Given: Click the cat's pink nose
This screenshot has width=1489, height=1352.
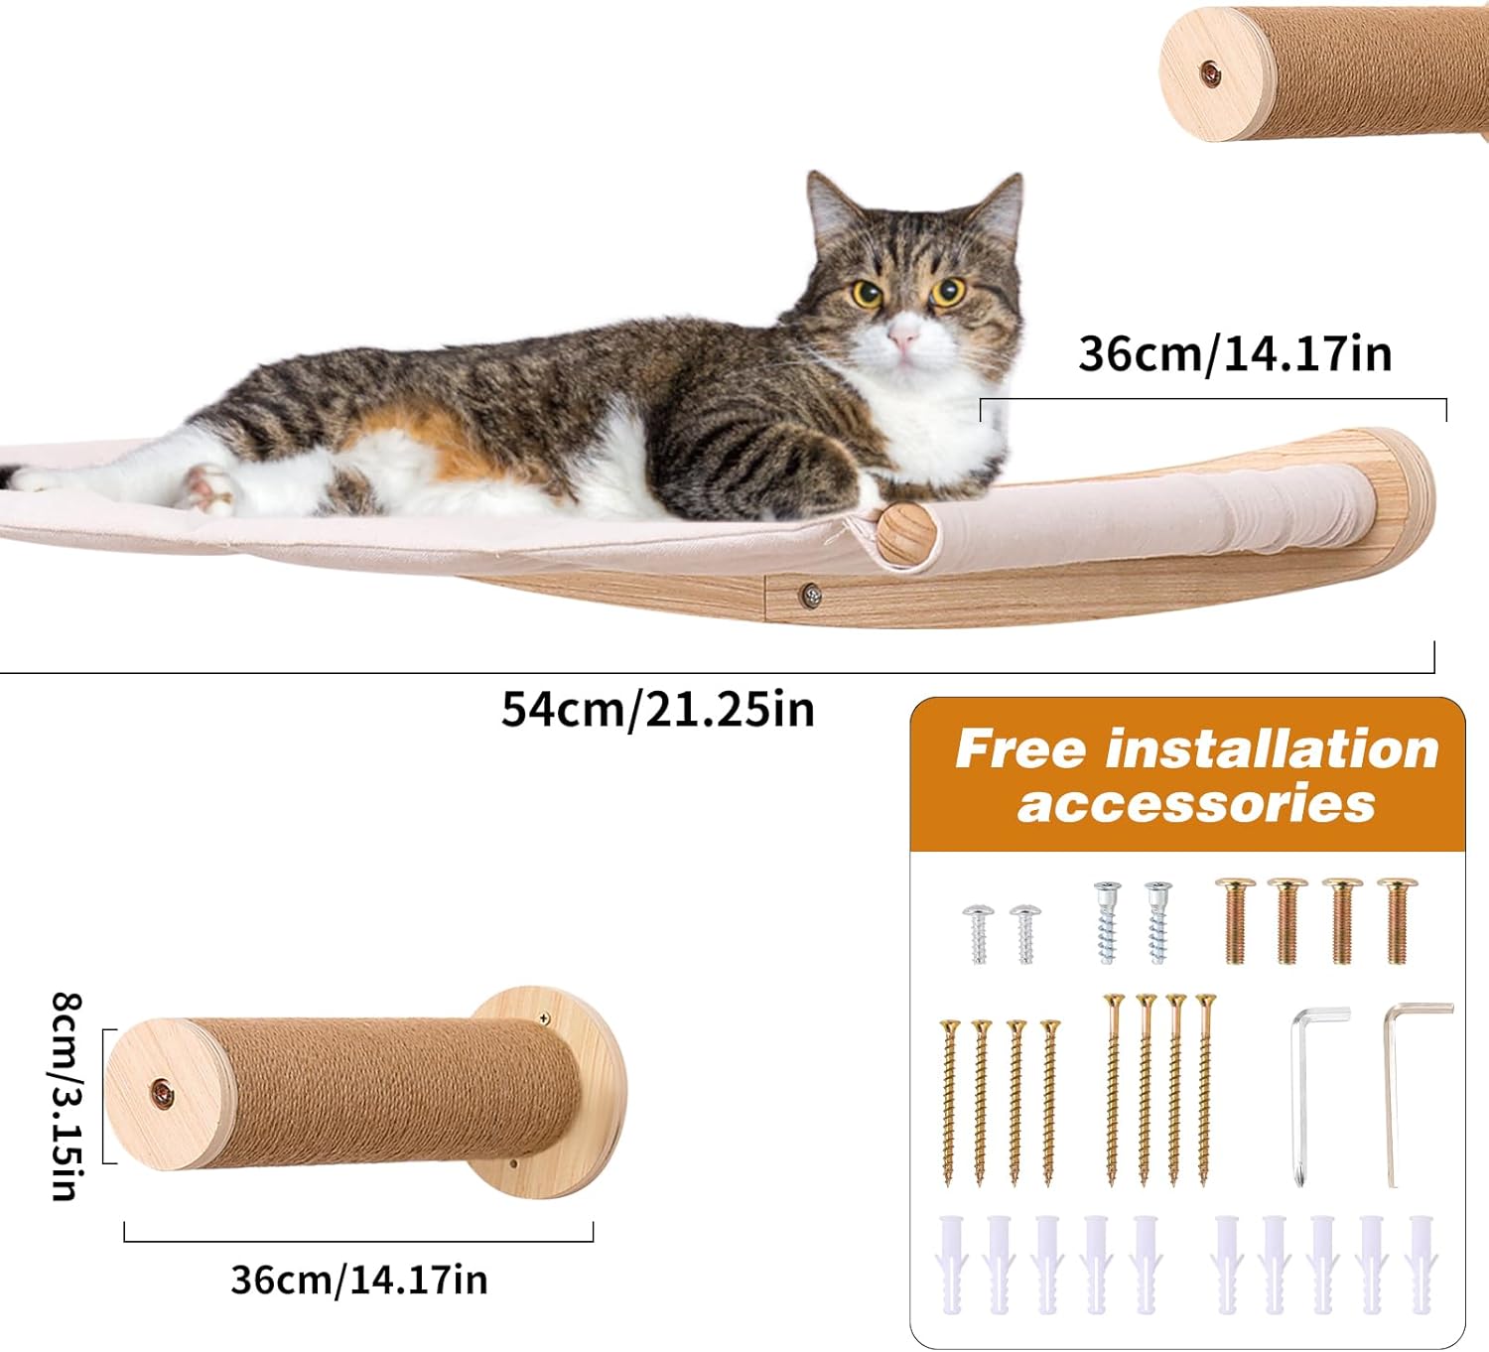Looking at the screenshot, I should [902, 339].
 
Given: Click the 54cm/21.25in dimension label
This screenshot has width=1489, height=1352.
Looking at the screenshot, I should [657, 709].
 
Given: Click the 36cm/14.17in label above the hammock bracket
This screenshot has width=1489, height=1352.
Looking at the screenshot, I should [1235, 354].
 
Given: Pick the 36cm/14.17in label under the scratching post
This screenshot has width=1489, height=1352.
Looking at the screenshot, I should [359, 1279].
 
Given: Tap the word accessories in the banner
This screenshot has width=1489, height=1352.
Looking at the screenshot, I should [1195, 802].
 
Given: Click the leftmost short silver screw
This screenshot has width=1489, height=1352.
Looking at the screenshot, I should [979, 933].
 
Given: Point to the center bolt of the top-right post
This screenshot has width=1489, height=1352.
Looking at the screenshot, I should [1209, 72].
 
